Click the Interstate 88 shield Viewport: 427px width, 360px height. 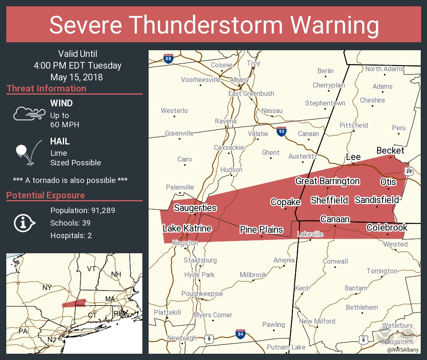tap(168, 59)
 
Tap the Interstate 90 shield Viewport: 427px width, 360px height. tap(282, 131)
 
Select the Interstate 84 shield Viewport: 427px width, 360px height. tap(239, 334)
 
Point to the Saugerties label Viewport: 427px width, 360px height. tap(195, 208)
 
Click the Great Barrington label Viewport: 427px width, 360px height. tap(327, 181)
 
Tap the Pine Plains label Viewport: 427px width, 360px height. tap(261, 229)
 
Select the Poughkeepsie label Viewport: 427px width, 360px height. tap(202, 293)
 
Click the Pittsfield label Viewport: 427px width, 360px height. tap(354, 125)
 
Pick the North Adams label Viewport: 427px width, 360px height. tap(384, 69)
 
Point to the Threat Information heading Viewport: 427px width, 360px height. tap(46, 88)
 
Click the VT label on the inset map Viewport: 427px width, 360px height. tap(91, 268)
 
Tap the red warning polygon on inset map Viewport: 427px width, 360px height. tap(74, 303)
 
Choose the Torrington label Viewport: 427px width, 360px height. tap(382, 271)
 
